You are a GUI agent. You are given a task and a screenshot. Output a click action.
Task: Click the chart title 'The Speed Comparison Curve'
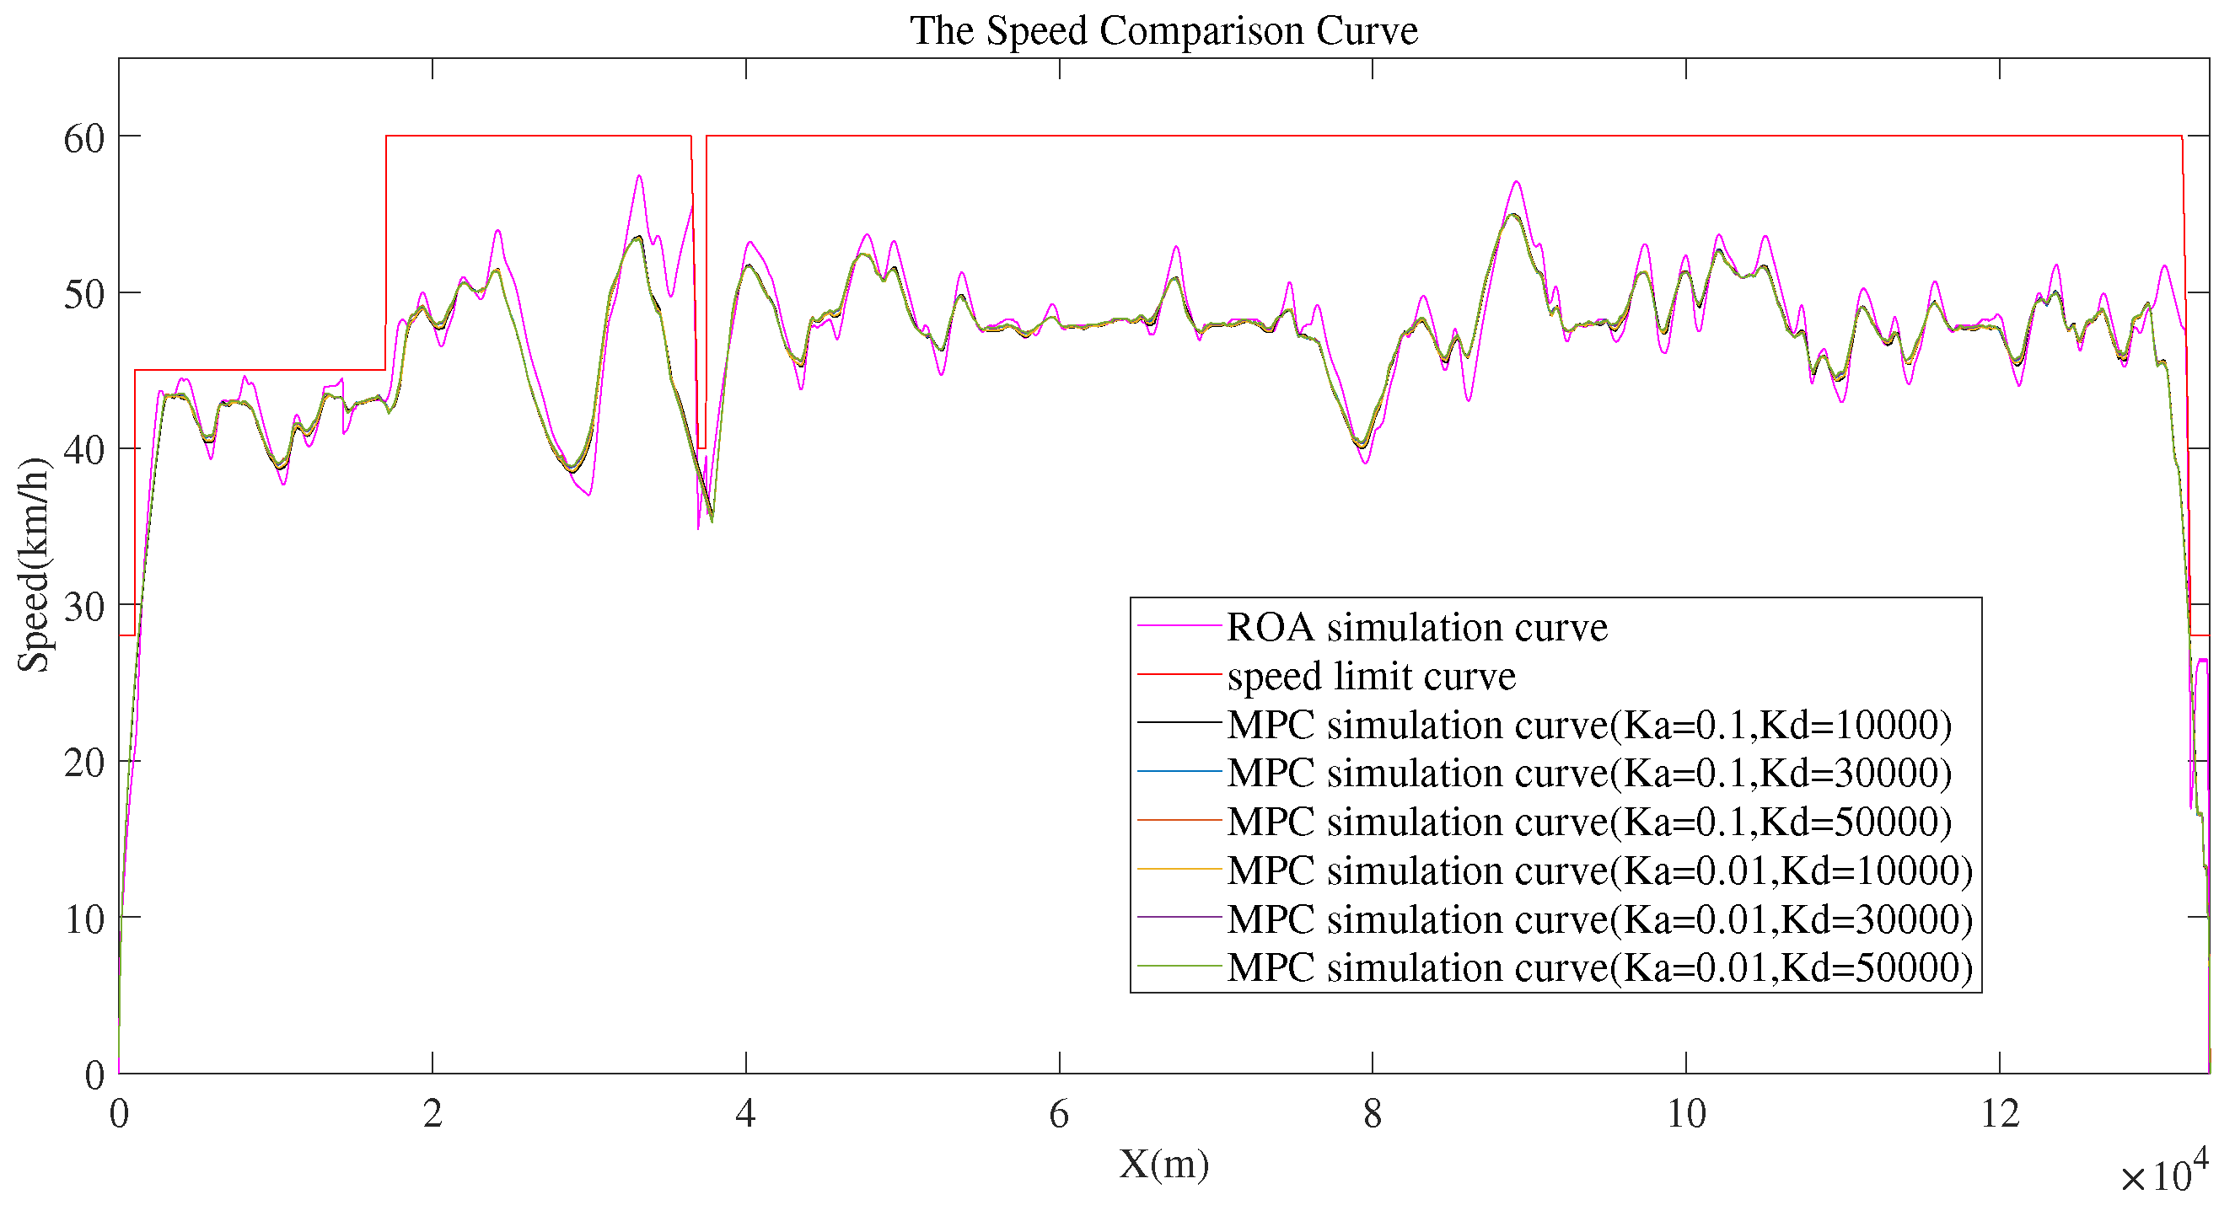click(x=1163, y=31)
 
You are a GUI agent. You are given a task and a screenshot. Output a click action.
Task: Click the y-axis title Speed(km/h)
click(x=35, y=565)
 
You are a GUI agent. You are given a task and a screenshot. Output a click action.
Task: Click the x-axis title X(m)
click(x=1163, y=1164)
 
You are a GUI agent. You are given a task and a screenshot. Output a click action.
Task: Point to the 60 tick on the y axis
click(x=84, y=139)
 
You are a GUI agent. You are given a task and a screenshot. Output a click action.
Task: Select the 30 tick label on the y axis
click(x=84, y=607)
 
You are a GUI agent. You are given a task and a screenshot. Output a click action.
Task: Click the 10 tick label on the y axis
click(x=84, y=919)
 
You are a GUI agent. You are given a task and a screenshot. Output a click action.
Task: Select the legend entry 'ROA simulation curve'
click(x=1416, y=627)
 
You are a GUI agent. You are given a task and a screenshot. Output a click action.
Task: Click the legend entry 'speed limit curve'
click(x=1371, y=676)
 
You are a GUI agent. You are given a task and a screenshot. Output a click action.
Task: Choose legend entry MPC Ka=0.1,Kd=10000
click(x=1588, y=724)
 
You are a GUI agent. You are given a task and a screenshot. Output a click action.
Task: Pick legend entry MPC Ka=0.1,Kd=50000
click(x=1588, y=822)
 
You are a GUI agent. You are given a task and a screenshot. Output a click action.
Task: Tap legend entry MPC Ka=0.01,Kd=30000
click(x=1599, y=919)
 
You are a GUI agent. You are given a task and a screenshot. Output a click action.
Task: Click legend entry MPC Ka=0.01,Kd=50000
click(x=1599, y=967)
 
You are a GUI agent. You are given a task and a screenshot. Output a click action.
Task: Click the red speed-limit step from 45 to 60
click(x=386, y=251)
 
